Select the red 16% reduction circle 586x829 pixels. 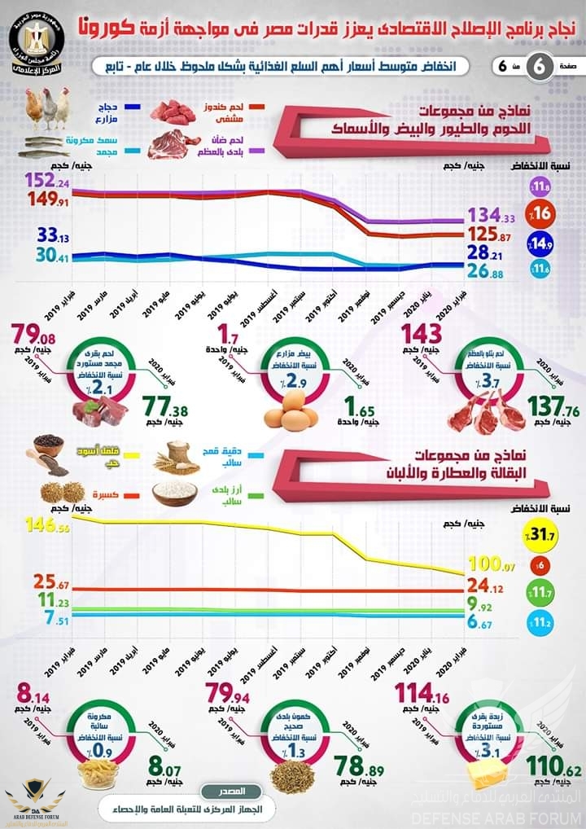tap(540, 213)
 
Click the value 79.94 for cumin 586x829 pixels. tap(230, 693)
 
